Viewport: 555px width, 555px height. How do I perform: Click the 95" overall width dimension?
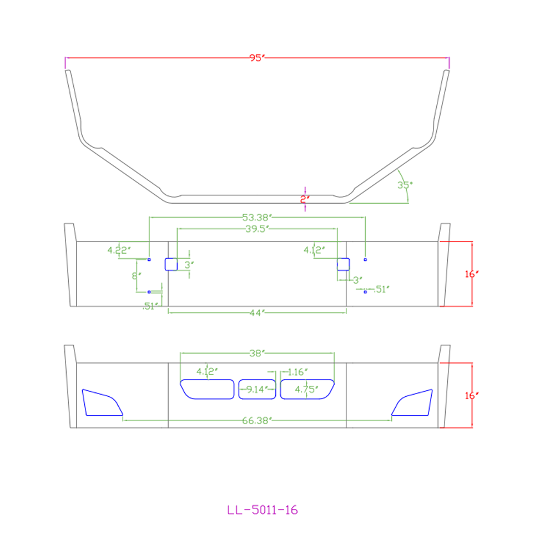(257, 58)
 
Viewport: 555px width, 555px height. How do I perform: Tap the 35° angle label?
(405, 185)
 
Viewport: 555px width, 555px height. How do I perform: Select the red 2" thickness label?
(305, 200)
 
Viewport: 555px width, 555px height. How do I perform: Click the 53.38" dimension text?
(257, 217)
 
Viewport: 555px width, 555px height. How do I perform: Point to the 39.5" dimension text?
(258, 229)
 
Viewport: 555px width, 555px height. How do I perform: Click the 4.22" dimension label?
(119, 250)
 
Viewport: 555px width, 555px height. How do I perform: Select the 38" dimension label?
(257, 353)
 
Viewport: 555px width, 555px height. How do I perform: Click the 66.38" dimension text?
(257, 421)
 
